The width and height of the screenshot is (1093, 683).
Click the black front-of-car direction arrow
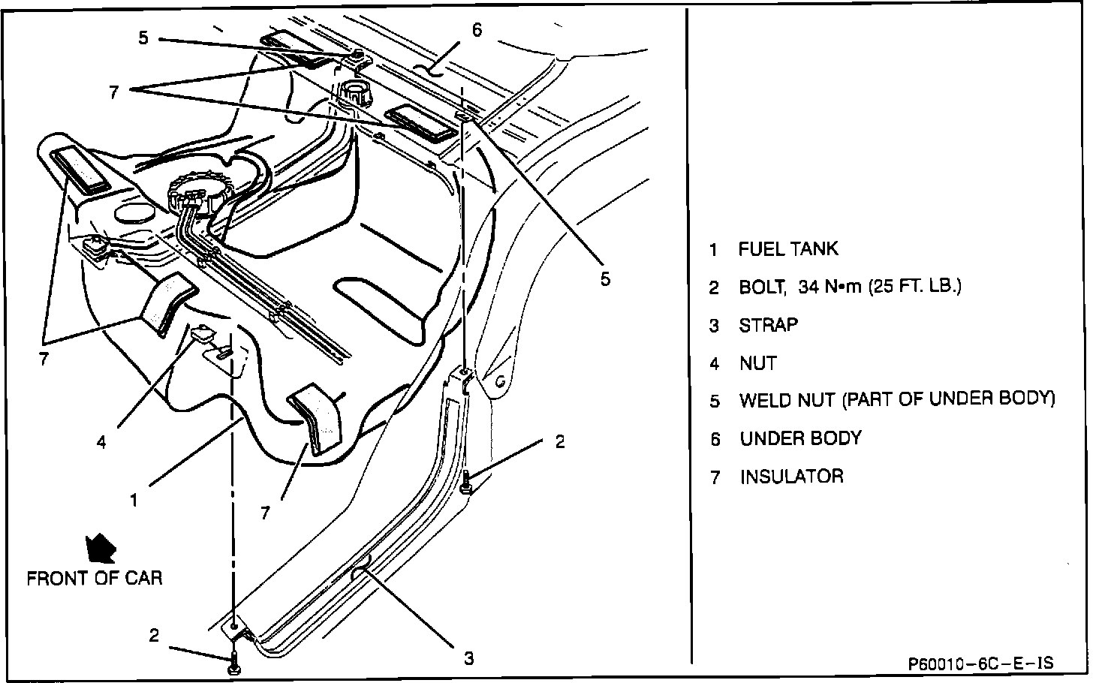101,549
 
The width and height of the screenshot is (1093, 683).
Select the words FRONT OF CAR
95,579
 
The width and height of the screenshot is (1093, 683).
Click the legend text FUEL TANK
788,249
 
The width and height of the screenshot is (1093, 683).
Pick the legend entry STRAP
768,325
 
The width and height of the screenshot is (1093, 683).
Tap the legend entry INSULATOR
791,477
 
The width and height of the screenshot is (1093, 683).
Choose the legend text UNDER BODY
800,438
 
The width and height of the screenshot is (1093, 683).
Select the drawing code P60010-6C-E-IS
980,663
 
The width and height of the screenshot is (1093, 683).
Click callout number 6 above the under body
477,30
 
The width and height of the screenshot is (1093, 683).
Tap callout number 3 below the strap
468,659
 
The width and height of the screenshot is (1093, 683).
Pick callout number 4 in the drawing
101,442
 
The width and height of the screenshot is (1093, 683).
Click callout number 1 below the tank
134,499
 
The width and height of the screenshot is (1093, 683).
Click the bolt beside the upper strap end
466,482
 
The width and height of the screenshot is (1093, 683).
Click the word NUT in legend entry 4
758,363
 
